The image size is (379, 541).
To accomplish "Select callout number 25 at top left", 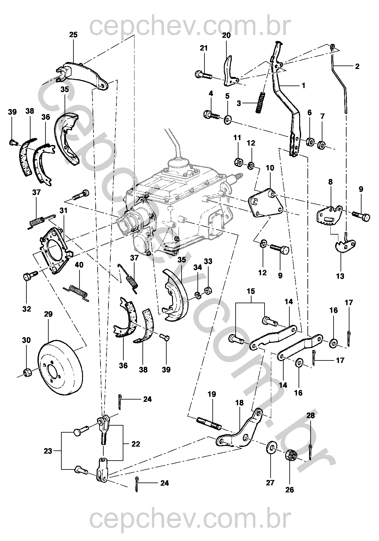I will pyautogui.click(x=73, y=35).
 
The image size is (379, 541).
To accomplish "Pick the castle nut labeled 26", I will pyautogui.click(x=290, y=457).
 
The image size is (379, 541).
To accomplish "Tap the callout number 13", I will pyautogui.click(x=340, y=276).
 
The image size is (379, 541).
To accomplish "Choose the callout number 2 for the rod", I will pyautogui.click(x=357, y=66).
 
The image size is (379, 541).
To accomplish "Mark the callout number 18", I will pyautogui.click(x=239, y=403).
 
